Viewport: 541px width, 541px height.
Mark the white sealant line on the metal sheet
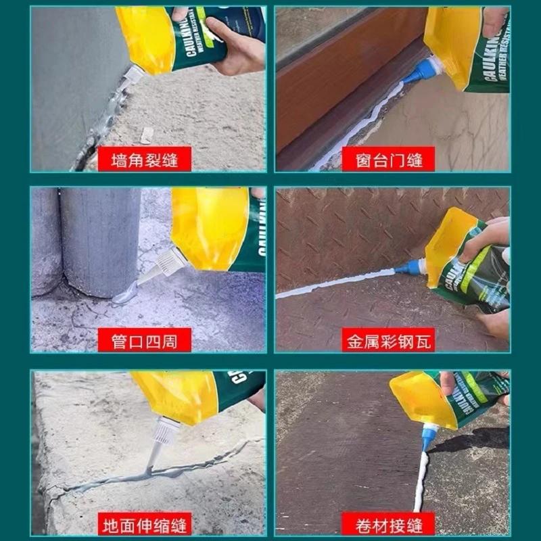click(x=338, y=283)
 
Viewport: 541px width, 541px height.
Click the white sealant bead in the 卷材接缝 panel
click(x=421, y=480)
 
